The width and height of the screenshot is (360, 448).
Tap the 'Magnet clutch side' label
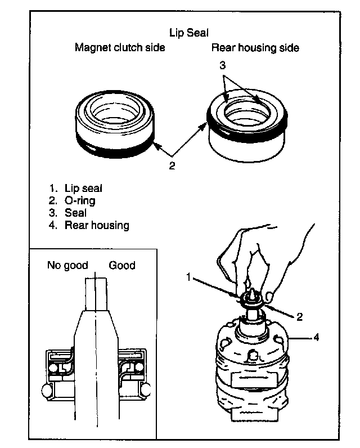[x=120, y=48]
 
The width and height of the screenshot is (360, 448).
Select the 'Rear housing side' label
[x=255, y=48]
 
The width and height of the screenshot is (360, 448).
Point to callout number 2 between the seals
[x=173, y=165]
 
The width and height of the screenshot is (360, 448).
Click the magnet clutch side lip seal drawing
[x=116, y=121]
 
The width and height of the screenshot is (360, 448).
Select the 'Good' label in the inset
[x=122, y=265]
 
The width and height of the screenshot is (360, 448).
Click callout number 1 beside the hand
[x=190, y=276]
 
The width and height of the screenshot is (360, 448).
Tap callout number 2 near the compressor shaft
[x=300, y=316]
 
